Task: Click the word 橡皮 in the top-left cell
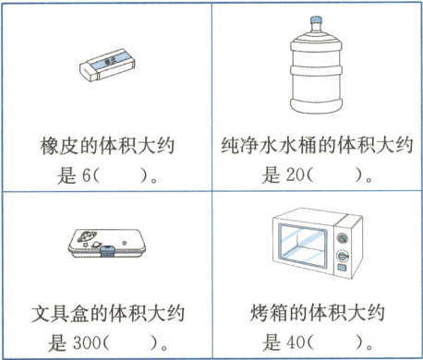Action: tap(60, 147)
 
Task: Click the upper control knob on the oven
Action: tap(344, 236)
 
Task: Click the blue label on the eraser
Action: tap(111, 59)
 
